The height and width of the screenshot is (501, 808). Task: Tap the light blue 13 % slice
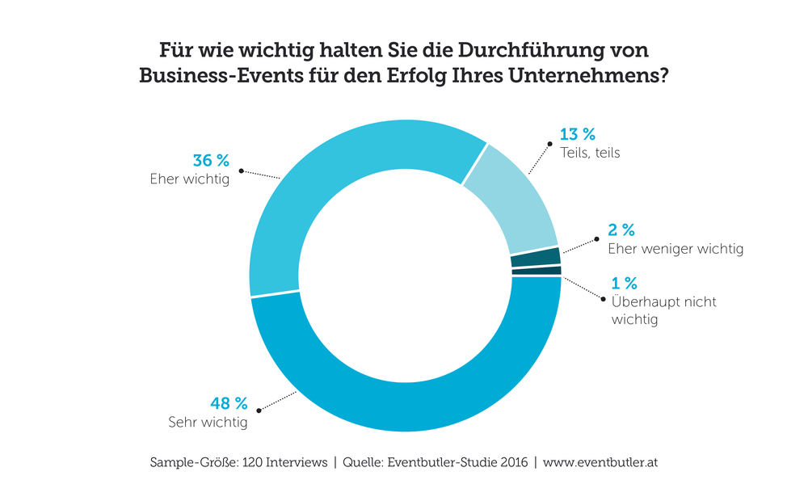click(x=517, y=194)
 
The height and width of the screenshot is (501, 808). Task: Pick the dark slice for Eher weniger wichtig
click(x=536, y=257)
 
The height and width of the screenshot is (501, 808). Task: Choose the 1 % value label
click(x=625, y=283)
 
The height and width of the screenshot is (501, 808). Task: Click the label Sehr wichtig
click(x=208, y=422)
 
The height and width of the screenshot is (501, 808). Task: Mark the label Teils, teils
click(x=590, y=152)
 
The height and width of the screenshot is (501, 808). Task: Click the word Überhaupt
click(x=644, y=302)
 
